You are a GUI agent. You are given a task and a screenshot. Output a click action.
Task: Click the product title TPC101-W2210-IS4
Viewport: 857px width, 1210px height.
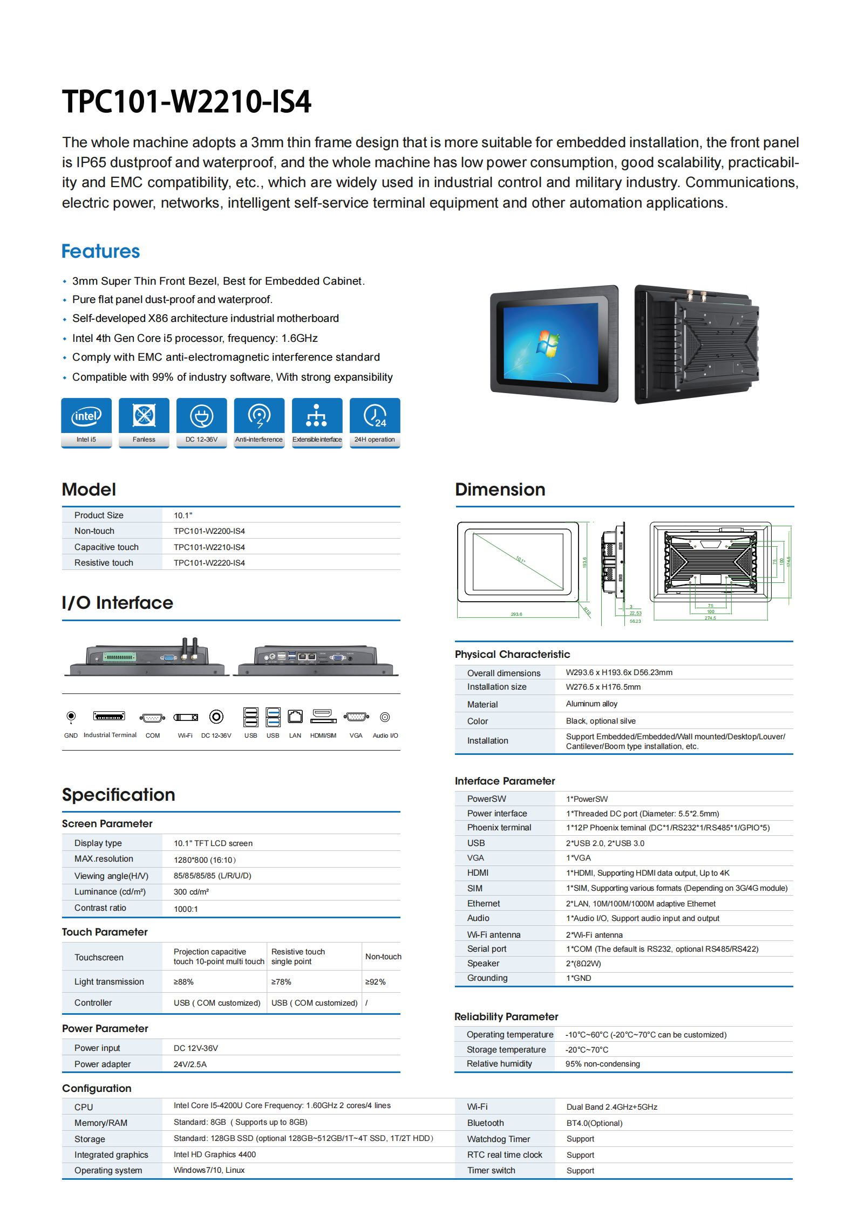pos(186,101)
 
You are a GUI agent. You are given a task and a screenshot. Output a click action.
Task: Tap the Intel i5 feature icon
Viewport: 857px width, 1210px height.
pos(86,416)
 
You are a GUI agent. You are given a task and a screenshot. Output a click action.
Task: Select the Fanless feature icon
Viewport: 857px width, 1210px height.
pos(144,416)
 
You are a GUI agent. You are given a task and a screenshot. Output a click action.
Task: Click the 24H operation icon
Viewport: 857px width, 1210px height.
pos(375,416)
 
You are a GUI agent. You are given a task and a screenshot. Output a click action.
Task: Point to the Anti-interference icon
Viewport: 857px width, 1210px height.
pos(259,416)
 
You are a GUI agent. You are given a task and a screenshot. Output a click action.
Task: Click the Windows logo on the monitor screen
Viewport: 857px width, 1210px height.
pos(547,344)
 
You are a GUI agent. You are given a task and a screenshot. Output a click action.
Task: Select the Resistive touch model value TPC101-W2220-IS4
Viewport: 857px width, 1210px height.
pos(209,563)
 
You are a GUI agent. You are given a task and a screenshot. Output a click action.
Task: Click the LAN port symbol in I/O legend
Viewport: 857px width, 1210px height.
pos(295,717)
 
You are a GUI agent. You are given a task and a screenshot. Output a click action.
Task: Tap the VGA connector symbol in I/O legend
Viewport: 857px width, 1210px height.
pos(356,717)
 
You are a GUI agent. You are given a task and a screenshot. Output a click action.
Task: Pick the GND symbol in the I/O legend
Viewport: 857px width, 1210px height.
pos(71,717)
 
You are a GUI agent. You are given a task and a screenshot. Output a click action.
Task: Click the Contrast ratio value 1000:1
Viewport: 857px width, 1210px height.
pos(186,909)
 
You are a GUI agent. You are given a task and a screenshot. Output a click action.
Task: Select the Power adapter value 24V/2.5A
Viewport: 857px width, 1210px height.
pos(190,1064)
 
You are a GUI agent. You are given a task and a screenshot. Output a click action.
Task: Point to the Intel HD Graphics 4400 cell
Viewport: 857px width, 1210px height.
pos(215,1154)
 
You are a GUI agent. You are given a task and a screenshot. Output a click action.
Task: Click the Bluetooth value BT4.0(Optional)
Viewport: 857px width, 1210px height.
pos(594,1123)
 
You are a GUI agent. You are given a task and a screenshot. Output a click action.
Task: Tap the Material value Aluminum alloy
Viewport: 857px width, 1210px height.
pos(591,704)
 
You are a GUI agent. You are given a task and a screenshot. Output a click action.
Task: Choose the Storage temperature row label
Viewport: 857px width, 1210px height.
pos(506,1049)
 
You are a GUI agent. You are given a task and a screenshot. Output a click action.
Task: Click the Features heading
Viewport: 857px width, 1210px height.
pos(101,252)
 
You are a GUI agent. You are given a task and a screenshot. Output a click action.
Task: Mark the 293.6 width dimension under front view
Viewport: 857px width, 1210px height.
pos(516,614)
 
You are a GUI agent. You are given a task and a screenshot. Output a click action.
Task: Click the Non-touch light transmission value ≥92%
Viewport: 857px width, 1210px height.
pos(375,982)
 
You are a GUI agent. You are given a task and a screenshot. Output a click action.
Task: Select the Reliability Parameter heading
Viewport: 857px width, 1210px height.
pos(506,1016)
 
